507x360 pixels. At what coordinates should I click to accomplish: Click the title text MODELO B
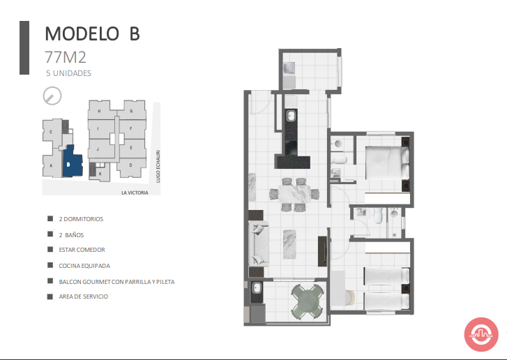(92, 33)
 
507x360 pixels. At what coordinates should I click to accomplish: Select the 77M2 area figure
(66, 57)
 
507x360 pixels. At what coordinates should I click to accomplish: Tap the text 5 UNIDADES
(68, 73)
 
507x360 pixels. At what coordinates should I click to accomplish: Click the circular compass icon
(52, 96)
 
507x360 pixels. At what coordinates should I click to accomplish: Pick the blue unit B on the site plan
(72, 161)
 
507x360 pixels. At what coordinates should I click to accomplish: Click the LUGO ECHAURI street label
(158, 166)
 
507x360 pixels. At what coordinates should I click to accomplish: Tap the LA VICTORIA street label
(135, 193)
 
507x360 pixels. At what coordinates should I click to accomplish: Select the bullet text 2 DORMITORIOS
(81, 219)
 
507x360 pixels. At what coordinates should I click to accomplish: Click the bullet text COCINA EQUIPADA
(84, 266)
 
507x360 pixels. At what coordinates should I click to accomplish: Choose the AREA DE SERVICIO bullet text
(84, 297)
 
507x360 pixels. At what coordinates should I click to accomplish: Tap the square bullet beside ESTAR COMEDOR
(50, 249)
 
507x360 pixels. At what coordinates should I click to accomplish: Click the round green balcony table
(307, 301)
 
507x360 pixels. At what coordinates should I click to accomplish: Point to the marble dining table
(294, 194)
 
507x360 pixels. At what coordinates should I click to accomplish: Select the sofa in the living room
(259, 244)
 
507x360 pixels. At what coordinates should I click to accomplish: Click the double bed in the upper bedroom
(387, 163)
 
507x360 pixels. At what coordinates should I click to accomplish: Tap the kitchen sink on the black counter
(292, 116)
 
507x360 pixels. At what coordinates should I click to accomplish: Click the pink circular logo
(481, 334)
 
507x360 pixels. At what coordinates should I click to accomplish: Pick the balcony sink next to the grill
(257, 288)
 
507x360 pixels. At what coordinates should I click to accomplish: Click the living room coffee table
(289, 244)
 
